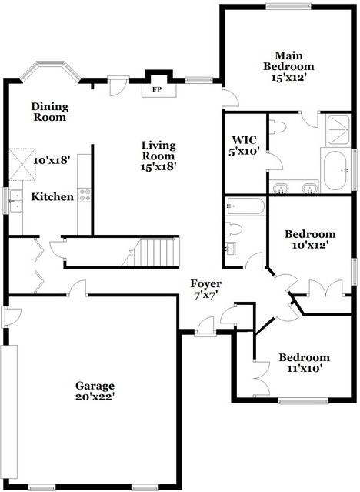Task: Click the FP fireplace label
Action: point(156,90)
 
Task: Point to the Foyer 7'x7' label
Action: point(207,290)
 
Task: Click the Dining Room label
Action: point(49,112)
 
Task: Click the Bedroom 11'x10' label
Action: point(304,363)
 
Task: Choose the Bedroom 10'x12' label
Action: point(309,239)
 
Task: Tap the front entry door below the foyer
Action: point(204,330)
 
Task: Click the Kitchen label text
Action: point(52,197)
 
